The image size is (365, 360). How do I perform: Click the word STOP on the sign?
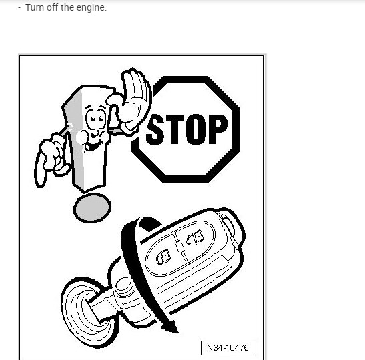coord(186,129)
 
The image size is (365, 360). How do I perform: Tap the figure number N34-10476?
coord(228,348)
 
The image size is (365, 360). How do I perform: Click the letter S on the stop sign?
coord(155,130)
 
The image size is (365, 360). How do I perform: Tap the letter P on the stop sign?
coord(216,129)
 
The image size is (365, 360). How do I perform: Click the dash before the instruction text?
coord(19,8)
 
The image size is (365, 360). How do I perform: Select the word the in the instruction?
coord(71,8)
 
